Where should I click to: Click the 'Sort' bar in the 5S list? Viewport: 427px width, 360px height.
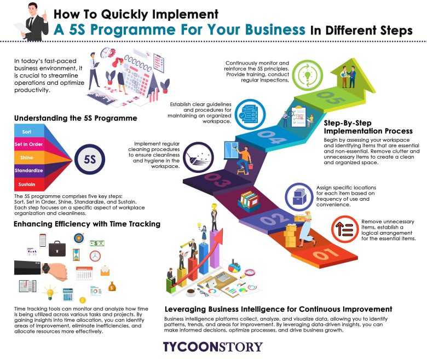click(27, 132)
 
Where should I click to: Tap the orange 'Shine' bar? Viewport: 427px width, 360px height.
click(27, 158)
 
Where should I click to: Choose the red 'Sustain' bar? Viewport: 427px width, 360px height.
click(27, 184)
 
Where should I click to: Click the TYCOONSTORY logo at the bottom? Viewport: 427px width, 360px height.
click(213, 347)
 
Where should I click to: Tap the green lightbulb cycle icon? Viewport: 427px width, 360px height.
click(308, 75)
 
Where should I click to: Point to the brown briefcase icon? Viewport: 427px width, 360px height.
click(57, 249)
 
